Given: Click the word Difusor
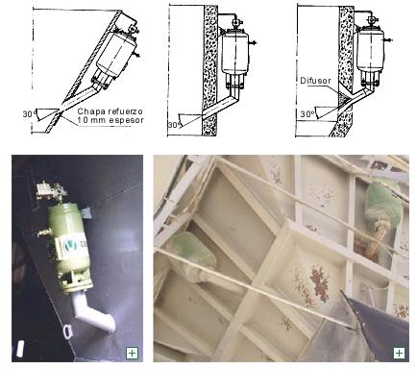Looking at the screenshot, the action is (315, 81).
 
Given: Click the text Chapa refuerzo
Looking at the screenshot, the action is (110, 111).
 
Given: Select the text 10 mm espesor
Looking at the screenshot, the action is (110, 120).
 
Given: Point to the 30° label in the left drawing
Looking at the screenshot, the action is (28, 113).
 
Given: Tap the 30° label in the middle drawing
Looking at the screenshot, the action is (173, 125).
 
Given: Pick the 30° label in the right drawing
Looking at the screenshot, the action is (307, 114).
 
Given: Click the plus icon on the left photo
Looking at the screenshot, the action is (132, 354).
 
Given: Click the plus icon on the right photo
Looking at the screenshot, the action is (399, 353).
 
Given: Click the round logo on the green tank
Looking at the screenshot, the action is (70, 246).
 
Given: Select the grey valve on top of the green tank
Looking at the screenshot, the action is (52, 190).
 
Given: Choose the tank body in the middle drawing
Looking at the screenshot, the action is (235, 53).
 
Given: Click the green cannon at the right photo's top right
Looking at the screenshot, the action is (383, 202).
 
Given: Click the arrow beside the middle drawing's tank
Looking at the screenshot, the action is (253, 42).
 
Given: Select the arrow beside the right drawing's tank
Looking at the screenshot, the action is (388, 40).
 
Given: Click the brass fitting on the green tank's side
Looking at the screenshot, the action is (44, 233).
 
